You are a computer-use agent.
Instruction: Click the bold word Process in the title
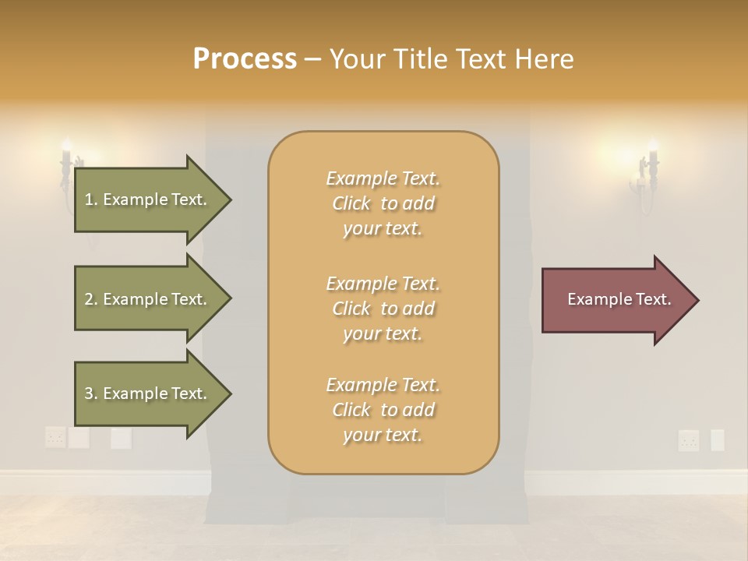[245, 59]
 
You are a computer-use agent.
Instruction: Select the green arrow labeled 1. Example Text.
[148, 199]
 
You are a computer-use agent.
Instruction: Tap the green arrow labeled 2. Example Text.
[148, 299]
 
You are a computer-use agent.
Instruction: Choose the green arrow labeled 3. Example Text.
[148, 393]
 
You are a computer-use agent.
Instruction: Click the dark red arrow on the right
[616, 300]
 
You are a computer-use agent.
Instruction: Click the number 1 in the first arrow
[89, 199]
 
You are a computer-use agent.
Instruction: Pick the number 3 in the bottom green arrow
[89, 393]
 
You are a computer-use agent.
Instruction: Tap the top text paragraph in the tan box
[383, 203]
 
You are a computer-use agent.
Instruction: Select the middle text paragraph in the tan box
[383, 309]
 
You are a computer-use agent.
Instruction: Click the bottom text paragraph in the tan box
[383, 410]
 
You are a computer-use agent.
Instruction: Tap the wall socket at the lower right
[688, 440]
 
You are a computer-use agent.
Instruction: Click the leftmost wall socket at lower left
[55, 437]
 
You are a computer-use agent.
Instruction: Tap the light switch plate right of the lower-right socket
[717, 440]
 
